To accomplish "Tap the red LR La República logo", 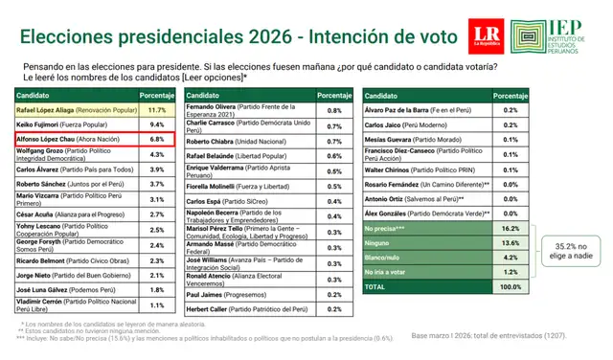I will (x=486, y=34).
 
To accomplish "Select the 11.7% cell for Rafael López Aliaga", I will (x=157, y=110).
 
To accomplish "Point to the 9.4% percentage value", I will (x=157, y=124).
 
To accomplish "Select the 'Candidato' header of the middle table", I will (x=203, y=96).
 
